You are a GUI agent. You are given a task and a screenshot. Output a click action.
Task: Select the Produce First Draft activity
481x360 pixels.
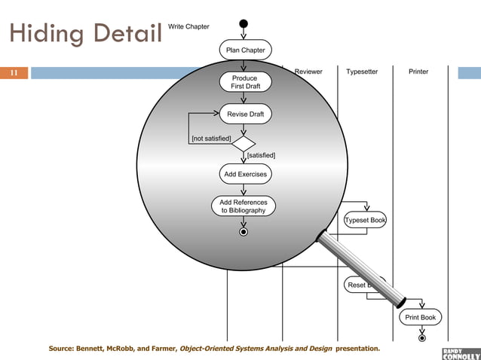point(244,82)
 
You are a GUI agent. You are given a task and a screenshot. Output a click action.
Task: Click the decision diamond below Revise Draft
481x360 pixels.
point(244,143)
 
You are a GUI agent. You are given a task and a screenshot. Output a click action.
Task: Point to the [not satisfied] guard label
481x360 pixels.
point(211,139)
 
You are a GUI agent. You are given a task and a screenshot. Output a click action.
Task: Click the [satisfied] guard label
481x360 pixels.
point(261,155)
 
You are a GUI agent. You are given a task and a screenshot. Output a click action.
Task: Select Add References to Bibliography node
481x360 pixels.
point(244,206)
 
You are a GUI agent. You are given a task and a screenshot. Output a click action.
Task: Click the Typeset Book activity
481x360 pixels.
point(366,221)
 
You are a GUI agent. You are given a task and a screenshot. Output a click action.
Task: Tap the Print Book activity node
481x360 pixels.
point(421,317)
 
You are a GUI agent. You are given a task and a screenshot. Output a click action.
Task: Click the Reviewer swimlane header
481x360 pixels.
point(308,72)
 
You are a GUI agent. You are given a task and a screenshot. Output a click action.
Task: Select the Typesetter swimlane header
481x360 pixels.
point(362,72)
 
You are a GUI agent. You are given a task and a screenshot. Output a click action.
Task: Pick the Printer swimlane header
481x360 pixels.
point(418,72)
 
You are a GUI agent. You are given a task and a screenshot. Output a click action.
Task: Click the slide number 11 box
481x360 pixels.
point(14,73)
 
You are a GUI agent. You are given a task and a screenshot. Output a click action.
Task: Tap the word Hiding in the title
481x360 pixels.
point(44,35)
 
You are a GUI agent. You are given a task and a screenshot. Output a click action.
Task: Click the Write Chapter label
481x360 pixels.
point(188,27)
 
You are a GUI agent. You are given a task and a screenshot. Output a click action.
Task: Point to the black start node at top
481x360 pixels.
point(244,23)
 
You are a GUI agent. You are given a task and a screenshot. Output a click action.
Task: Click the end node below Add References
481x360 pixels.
point(244,232)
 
